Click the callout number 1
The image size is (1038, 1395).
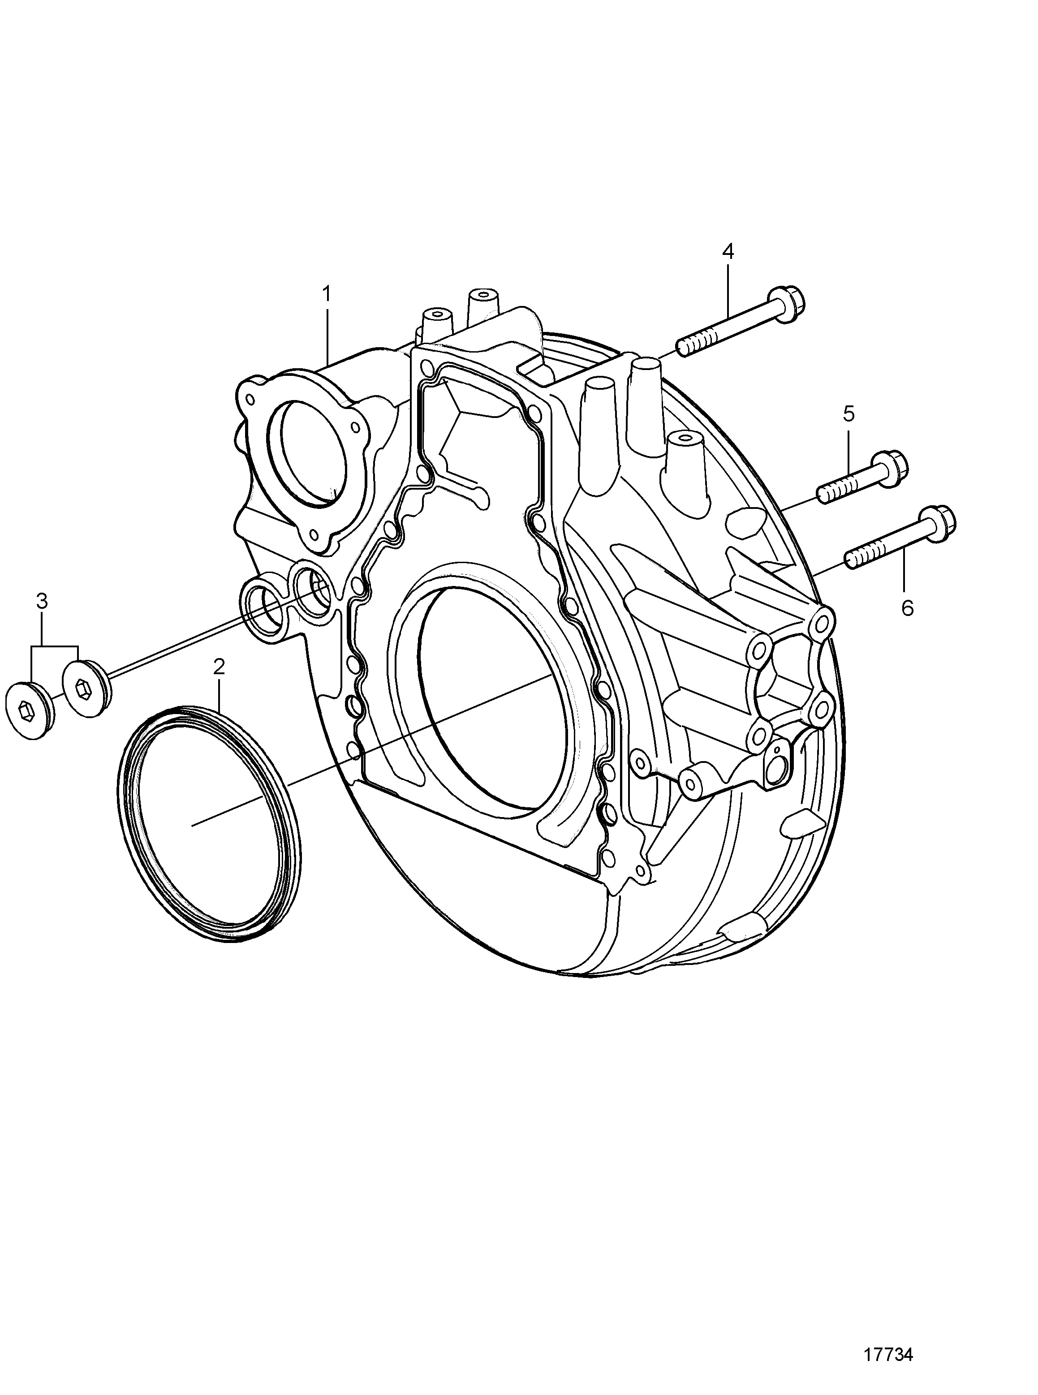(326, 294)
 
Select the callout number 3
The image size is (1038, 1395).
(42, 602)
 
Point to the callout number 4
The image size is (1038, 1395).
(728, 252)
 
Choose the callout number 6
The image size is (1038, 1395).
(907, 608)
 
